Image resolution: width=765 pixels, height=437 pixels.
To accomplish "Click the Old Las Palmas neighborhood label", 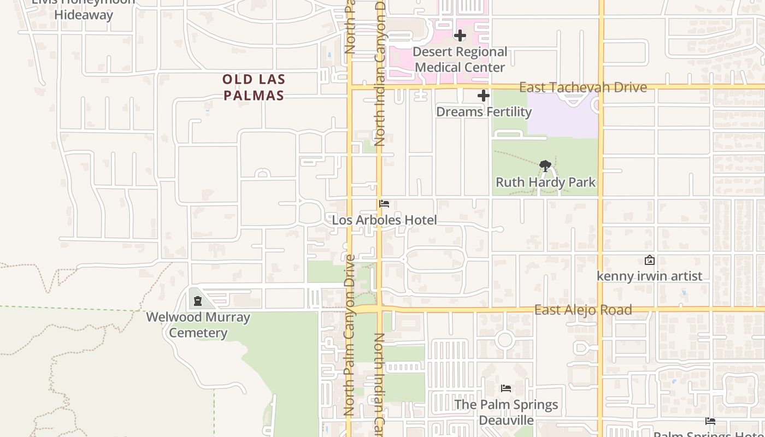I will (254, 87).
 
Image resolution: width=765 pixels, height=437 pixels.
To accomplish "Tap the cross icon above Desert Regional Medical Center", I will (460, 36).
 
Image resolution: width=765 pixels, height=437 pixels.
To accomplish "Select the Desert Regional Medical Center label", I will (460, 60).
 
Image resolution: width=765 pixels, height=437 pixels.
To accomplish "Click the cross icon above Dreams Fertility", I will (484, 96).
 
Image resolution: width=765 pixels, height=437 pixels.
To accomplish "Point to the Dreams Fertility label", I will (484, 112).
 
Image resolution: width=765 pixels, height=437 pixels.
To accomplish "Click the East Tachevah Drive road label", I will (582, 87).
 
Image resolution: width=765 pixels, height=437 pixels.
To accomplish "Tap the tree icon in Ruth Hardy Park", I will (545, 166).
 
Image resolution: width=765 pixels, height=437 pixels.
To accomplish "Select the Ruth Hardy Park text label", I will (545, 182).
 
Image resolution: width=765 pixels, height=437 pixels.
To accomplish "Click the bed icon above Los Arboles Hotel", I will (384, 204).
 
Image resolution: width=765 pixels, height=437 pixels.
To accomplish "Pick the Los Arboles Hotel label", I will (384, 220).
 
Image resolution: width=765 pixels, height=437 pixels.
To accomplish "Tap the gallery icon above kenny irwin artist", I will (649, 260).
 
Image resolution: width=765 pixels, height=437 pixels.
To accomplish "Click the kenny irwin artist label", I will (649, 276).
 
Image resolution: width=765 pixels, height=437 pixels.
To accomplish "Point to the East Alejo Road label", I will (582, 310).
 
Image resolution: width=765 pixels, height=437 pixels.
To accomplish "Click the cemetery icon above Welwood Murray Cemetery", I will (197, 301).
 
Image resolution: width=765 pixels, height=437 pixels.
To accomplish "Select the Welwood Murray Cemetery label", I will (198, 325).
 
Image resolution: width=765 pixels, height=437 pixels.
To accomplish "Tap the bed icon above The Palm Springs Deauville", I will (506, 388).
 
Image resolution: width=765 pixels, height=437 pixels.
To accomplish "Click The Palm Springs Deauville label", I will (506, 412).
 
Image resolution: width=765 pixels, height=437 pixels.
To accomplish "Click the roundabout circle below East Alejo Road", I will (505, 340).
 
